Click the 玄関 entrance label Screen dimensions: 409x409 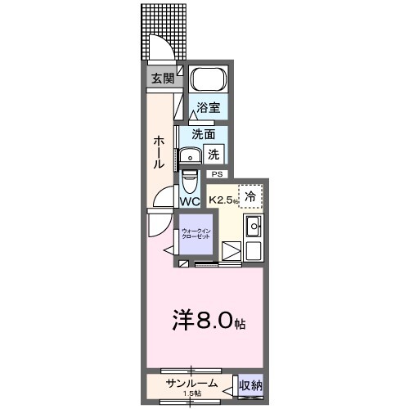162,79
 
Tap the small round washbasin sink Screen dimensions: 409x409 192,155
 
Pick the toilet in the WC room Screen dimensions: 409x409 190,179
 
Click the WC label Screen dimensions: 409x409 190,201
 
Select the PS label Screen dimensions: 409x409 218,174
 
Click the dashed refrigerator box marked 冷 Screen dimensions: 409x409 250,196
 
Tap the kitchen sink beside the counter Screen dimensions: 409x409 253,226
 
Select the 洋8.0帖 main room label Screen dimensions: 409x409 205,321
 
